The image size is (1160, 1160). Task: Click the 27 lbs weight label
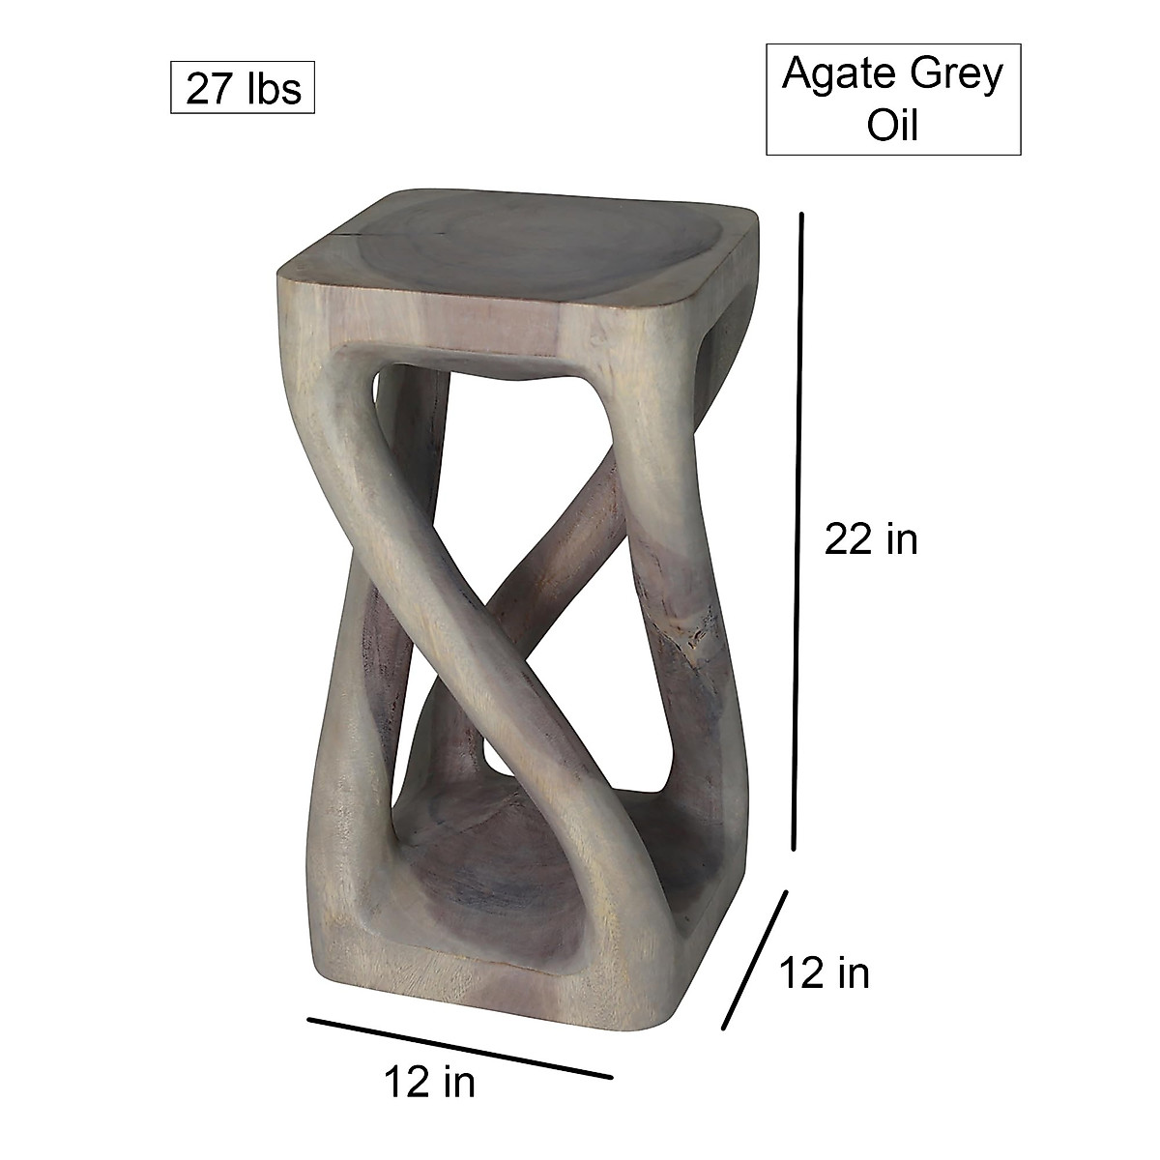[243, 89]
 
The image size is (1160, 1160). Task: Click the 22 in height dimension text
[870, 539]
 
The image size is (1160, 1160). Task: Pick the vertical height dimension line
[797, 532]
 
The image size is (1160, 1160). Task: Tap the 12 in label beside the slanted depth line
[824, 973]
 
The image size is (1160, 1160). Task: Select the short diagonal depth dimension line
[755, 960]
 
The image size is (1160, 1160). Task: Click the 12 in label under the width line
[429, 1083]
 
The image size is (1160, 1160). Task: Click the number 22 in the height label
[848, 539]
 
